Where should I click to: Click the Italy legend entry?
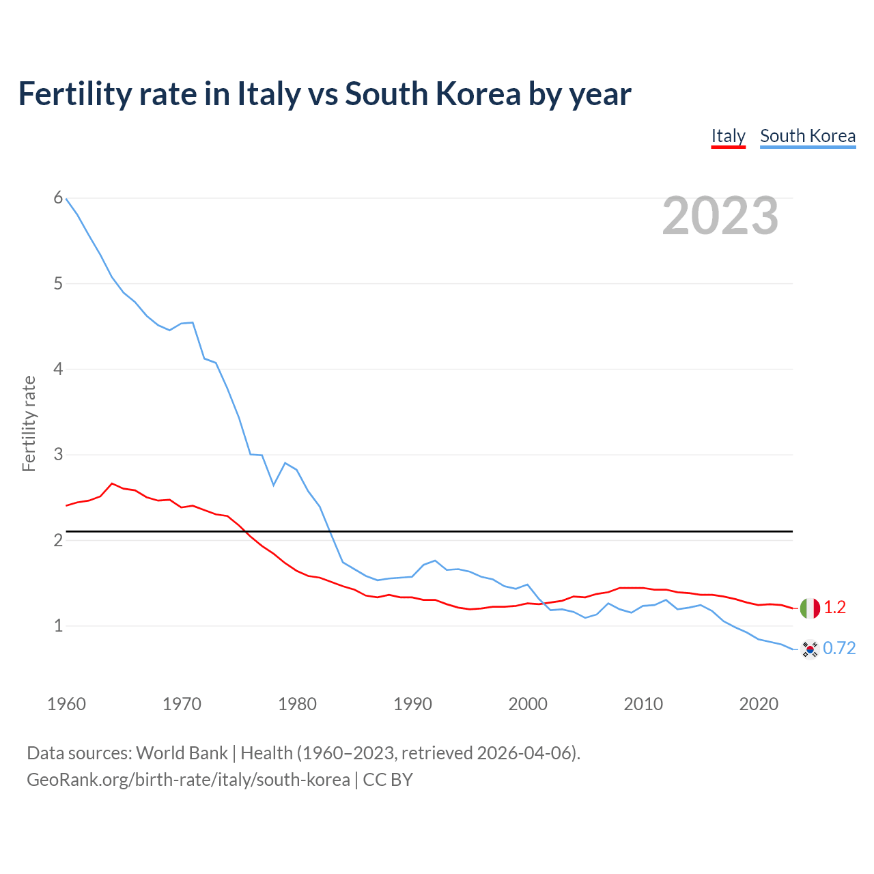click(728, 136)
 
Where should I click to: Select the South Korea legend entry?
click(807, 136)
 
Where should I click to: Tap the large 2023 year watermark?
click(720, 216)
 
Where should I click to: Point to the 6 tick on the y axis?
click(58, 198)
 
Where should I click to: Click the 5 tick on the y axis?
click(58, 283)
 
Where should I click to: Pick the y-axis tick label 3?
click(58, 454)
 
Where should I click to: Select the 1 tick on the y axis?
click(58, 625)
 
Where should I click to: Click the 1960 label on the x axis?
click(66, 704)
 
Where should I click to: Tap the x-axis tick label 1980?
click(297, 704)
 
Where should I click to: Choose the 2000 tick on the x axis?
click(527, 704)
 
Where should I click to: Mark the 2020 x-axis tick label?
click(758, 704)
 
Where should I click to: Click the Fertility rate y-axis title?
click(29, 423)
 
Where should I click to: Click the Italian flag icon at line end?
click(810, 608)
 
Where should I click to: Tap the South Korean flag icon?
click(810, 649)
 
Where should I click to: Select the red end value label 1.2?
click(834, 608)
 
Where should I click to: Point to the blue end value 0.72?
click(839, 649)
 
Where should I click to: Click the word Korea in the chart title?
click(478, 94)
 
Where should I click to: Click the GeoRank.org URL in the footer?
click(188, 780)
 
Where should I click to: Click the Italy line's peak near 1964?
click(112, 483)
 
